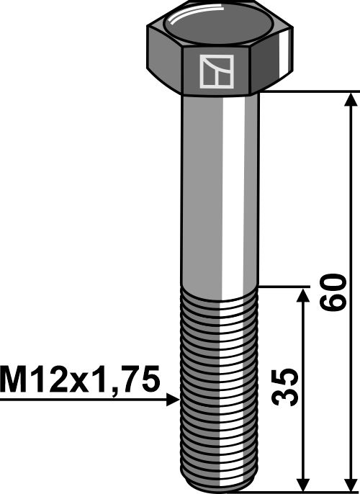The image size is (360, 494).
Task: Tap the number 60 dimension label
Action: point(332,291)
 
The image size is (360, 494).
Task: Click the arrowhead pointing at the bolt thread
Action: point(171,398)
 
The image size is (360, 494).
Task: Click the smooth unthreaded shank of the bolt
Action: point(220,187)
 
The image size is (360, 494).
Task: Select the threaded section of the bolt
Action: point(220,382)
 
